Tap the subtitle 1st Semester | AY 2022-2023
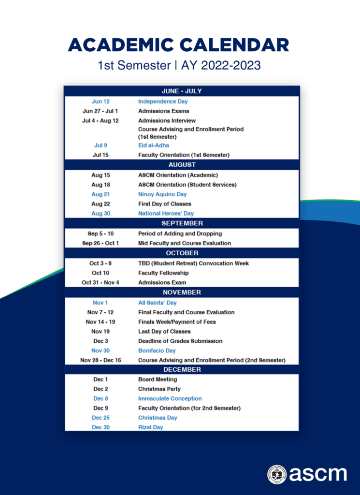coord(179,65)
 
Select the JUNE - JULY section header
coord(182,91)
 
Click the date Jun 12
coord(101,102)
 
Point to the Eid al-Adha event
coord(154,146)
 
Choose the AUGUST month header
coord(182,165)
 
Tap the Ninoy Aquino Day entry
coord(162,194)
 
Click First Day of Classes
coord(164,204)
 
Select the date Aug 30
coord(101,214)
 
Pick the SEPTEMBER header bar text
coord(182,223)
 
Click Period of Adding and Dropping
coord(180,233)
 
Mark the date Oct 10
coord(100,273)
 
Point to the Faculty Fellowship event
coord(163,273)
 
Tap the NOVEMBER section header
coord(182,292)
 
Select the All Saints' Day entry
coord(158,303)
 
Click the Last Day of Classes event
coord(164,332)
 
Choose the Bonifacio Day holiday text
coord(157,351)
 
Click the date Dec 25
coord(101,418)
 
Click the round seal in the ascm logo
coord(277,474)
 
